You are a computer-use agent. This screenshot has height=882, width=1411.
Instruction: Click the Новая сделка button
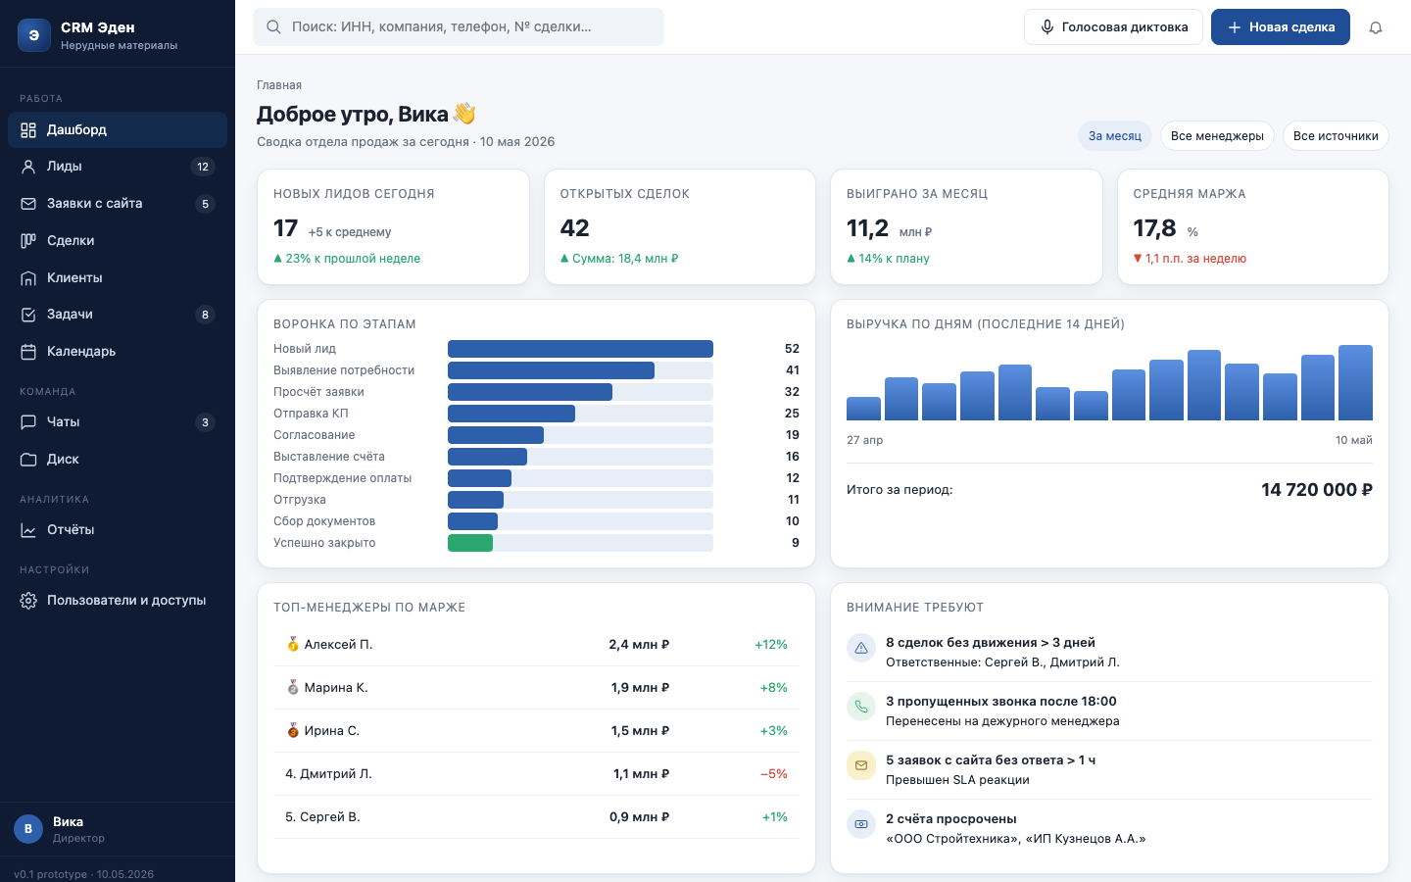coord(1280,27)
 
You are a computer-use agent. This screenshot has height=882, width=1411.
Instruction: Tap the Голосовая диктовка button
coord(1113,27)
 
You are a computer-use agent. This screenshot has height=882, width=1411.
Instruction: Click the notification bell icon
coord(1376,27)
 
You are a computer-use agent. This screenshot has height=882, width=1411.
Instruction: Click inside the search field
coord(459,27)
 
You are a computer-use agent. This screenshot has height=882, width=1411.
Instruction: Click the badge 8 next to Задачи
coord(205,315)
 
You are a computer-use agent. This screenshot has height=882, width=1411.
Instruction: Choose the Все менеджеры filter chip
coord(1217,136)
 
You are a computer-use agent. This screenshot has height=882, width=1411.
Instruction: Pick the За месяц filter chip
coord(1114,136)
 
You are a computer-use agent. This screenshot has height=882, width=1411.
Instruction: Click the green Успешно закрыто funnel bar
coord(470,543)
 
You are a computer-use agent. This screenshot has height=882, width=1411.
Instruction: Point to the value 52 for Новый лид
coord(792,349)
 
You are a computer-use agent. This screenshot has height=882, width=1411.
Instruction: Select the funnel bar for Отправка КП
coord(511,414)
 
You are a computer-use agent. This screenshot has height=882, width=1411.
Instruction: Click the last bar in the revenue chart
coord(1355,382)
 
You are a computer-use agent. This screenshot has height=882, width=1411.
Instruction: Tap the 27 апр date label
coord(864,440)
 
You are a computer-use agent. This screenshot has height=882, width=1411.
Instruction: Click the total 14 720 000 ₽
coord(1317,490)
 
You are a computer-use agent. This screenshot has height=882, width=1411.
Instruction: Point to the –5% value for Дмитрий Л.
coord(773,773)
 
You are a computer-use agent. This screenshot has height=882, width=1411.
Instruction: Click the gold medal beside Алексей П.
coord(293,644)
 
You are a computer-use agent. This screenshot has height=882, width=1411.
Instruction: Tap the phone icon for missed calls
coord(861,707)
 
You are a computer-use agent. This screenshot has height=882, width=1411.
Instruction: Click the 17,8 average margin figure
coord(1154,228)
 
